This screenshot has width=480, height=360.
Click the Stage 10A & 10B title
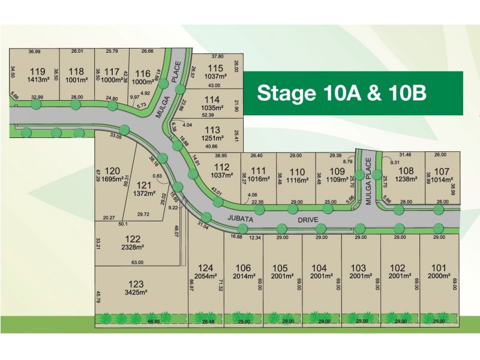pyautogui.click(x=341, y=94)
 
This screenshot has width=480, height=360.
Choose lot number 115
pyautogui.click(x=215, y=68)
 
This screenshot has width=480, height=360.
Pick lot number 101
pyautogui.click(x=439, y=268)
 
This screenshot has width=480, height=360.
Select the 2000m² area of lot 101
pyautogui.click(x=439, y=276)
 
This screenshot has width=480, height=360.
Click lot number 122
pyautogui.click(x=133, y=239)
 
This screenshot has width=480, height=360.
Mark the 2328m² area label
pyautogui.click(x=133, y=247)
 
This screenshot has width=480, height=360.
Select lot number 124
pyautogui.click(x=206, y=268)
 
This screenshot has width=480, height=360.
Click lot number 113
pyautogui.click(x=213, y=130)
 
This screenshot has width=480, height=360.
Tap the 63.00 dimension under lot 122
pyautogui.click(x=138, y=262)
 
